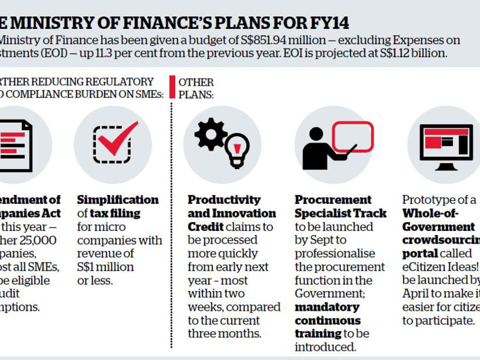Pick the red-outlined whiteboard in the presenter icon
pyautogui.click(x=352, y=137)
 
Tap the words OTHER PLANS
pyautogui.click(x=196, y=88)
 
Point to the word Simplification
pyautogui.click(x=118, y=200)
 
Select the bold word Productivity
pyautogui.click(x=224, y=200)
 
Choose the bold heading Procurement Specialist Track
pyautogui.click(x=340, y=207)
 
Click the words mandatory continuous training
pyautogui.click(x=328, y=320)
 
